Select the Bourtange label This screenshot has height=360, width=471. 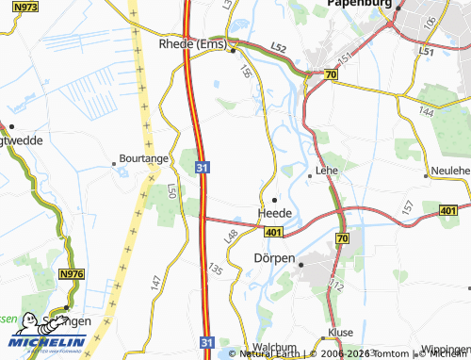[x=142, y=160]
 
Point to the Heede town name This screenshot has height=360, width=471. [x=274, y=213]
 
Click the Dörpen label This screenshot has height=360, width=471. [x=274, y=257]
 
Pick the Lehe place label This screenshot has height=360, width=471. [x=327, y=171]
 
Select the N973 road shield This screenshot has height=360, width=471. [x=23, y=7]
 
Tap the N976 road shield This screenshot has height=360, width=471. [x=72, y=274]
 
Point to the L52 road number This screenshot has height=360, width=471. [x=278, y=46]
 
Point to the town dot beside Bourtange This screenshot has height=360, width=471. [x=115, y=163]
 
